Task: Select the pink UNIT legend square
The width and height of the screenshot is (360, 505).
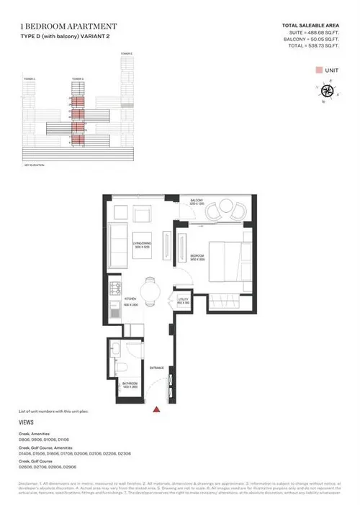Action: click(318, 70)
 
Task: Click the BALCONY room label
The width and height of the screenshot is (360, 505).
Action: click(198, 201)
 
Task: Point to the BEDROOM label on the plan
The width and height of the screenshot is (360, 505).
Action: click(198, 256)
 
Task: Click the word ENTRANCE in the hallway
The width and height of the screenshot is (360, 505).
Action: click(157, 368)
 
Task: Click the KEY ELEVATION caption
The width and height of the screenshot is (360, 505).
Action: click(33, 165)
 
